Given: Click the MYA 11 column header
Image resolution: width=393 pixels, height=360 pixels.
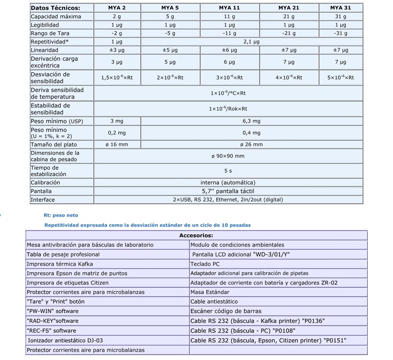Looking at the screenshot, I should click(229, 8).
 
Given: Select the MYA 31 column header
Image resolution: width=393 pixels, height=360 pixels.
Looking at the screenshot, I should click(340, 8).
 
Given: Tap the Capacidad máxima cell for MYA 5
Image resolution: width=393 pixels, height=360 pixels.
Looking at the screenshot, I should click(170, 16).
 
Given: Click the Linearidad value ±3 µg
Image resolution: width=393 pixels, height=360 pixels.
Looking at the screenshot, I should click(117, 50).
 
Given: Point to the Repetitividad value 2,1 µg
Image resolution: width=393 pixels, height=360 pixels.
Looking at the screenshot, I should click(251, 42).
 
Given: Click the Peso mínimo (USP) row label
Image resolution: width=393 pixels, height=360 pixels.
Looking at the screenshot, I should click(57, 121).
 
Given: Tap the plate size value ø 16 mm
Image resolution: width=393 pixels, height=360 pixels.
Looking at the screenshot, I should click(117, 144).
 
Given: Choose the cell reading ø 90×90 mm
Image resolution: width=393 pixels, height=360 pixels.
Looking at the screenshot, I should click(228, 156).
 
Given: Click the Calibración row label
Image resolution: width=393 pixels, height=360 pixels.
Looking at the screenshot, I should click(46, 182).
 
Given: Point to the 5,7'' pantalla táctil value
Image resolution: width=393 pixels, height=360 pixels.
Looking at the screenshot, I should click(228, 191).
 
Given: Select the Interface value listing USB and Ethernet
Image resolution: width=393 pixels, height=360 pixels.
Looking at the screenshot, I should click(228, 199).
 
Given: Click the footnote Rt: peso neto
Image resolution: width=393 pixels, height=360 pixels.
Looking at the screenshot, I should click(61, 215).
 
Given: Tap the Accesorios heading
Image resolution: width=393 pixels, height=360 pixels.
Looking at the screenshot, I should click(196, 235).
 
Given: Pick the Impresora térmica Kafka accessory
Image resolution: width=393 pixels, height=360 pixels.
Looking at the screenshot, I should click(60, 264).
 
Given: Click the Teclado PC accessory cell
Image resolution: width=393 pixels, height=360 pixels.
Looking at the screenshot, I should click(205, 264).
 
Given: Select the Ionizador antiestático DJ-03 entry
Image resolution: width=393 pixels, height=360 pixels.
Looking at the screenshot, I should click(65, 340).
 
